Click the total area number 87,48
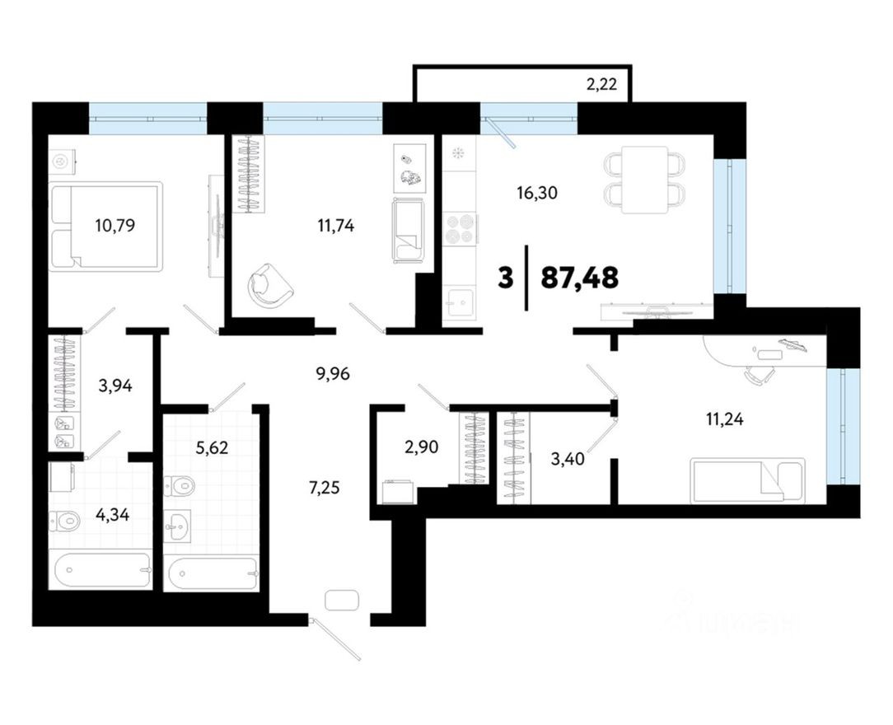pos(579,278)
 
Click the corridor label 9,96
pos(333,373)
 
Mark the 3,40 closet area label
pos(568,459)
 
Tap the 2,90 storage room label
pos(420,448)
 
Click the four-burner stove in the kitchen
pos(461,228)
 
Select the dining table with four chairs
pos(645,180)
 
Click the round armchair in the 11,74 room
pos(270,286)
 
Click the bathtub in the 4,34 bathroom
pos(100,569)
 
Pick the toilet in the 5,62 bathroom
pos(180,486)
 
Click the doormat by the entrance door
pos(341,600)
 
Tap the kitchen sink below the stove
pos(460,302)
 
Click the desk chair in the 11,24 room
pos(759,375)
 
